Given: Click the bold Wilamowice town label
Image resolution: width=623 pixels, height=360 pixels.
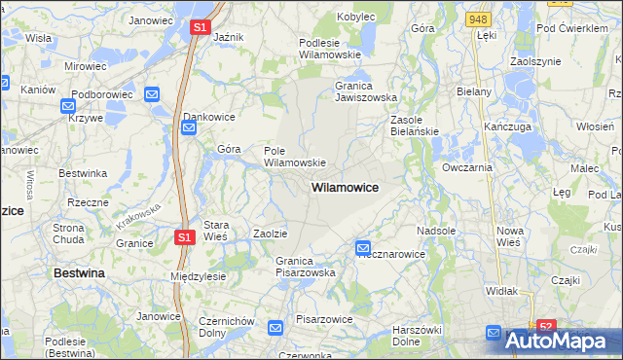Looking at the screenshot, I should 345,186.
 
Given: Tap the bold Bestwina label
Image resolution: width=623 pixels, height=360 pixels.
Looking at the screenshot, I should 78,274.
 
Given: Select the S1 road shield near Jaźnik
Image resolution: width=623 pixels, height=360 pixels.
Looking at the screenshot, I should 199,28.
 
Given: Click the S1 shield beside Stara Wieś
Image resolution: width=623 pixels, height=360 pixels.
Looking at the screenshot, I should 185,236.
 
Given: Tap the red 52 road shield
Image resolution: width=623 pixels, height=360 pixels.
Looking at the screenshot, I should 546,327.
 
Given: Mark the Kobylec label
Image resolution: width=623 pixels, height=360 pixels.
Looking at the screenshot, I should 356,17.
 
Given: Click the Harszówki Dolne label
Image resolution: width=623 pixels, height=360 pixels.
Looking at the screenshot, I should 420,336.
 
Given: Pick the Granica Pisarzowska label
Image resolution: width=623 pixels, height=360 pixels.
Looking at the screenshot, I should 305,267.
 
